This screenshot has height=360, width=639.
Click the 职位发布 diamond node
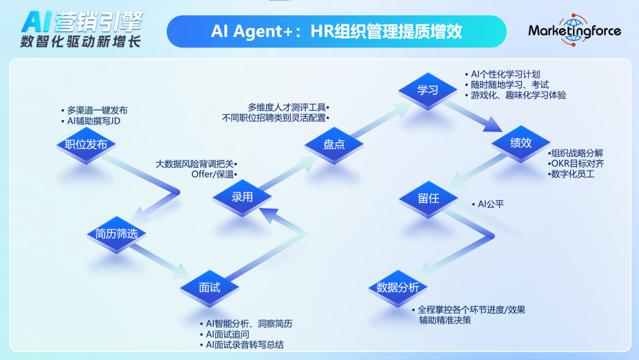coord(86,144)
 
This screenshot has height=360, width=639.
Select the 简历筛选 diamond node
coord(117,234)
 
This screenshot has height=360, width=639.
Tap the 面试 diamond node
coord(209,288)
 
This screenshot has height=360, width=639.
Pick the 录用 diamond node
coord(242,198)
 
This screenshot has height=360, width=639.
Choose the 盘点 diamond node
coord(334,144)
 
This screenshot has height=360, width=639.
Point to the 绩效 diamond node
coord(521,143)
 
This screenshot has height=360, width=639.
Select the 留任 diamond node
coord(428,199)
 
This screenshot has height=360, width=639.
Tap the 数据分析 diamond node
coord(398,288)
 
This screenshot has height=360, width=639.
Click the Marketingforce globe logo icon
coord(574,30)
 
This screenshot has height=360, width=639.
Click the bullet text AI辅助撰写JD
coord(93,121)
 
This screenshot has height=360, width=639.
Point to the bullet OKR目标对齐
coord(577,164)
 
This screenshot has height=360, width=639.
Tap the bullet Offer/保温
coord(213,175)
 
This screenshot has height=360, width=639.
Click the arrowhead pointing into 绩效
coord(493,125)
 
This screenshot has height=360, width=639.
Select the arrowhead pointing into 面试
coord(182,272)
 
